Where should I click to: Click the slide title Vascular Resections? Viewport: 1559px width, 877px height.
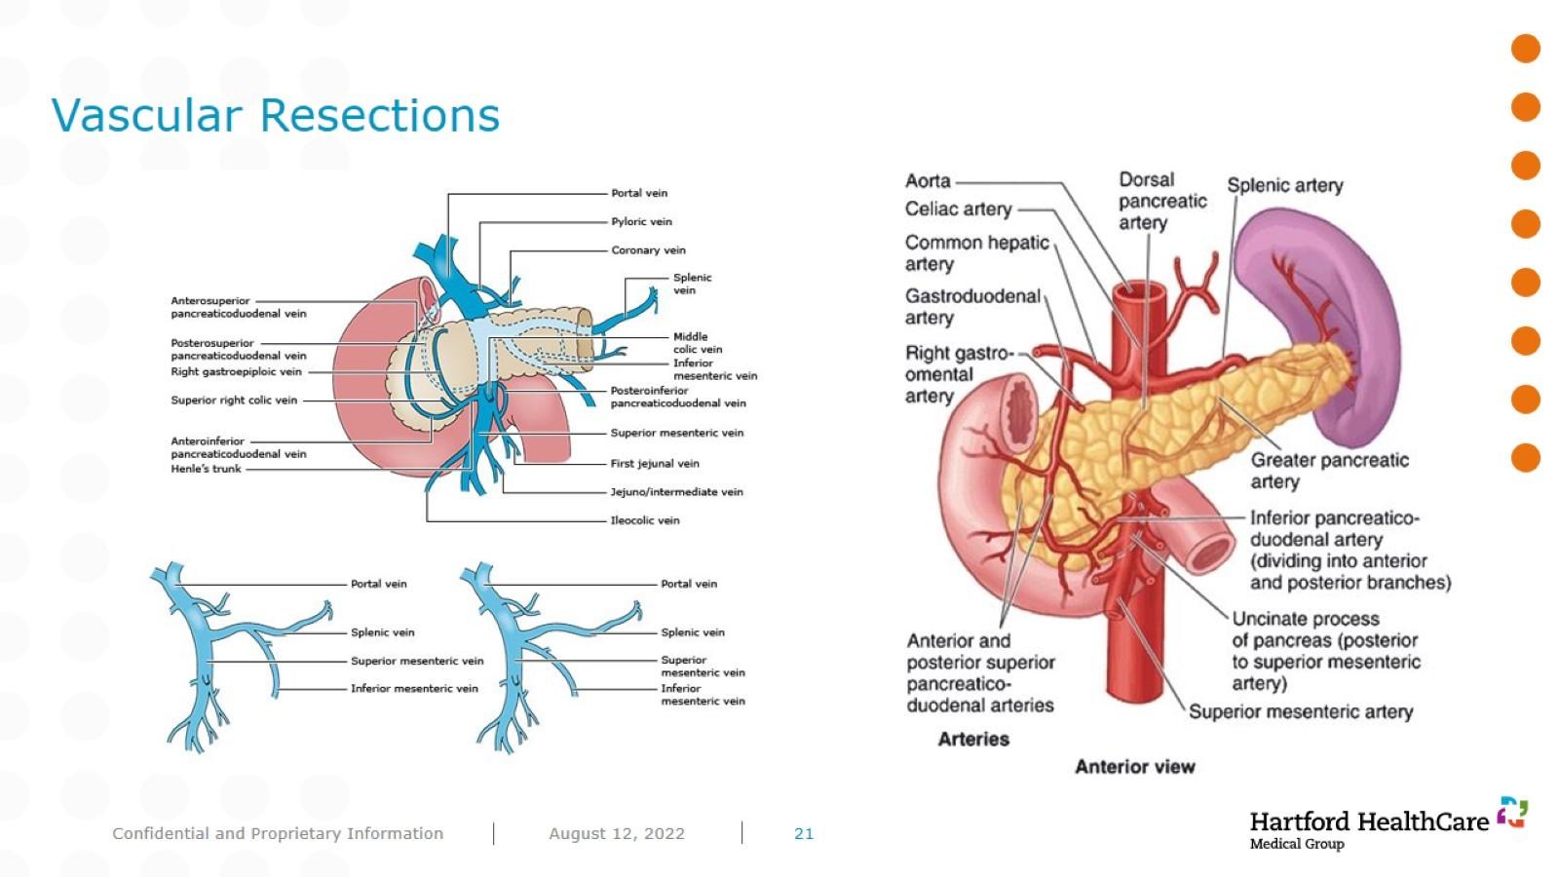(275, 115)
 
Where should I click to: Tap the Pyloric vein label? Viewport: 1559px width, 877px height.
(641, 221)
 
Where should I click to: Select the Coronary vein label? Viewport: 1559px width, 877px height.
(648, 249)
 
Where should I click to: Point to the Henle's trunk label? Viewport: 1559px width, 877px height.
(206, 469)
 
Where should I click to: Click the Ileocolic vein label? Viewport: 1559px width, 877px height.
(644, 520)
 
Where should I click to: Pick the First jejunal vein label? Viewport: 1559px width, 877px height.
(655, 464)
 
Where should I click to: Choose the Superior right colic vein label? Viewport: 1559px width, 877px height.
(234, 400)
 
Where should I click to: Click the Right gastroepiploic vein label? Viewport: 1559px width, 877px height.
(236, 371)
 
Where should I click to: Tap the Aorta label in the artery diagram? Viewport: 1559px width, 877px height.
(928, 181)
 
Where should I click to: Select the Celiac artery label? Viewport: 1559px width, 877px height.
(958, 209)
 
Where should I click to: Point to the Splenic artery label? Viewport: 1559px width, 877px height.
(1284, 185)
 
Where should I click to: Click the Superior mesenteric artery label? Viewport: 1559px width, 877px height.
(1301, 711)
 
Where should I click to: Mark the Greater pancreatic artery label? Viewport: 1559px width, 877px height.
(1329, 471)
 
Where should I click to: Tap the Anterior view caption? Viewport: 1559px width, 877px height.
(1134, 767)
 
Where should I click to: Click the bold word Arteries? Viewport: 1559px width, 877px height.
(973, 739)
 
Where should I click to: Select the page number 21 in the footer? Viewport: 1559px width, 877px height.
(804, 833)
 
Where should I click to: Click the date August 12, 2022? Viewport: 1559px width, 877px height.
(617, 833)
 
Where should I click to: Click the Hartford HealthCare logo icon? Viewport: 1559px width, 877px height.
(1512, 812)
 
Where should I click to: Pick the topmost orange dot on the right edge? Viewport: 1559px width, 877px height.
(1525, 49)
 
